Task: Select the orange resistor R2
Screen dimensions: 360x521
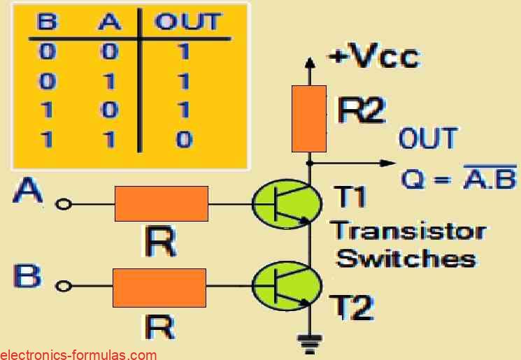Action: [309, 118]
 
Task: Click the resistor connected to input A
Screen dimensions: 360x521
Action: [161, 203]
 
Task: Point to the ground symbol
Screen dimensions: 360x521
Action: [306, 343]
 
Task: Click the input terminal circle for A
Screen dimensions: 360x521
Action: [65, 204]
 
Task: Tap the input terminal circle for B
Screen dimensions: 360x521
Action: [65, 286]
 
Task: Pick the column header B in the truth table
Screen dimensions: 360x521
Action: [48, 23]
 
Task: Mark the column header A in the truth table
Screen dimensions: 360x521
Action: [110, 23]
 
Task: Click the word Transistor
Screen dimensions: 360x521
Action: [408, 231]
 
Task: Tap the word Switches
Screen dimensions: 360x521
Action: [406, 258]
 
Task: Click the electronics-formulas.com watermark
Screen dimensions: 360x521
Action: [78, 354]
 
